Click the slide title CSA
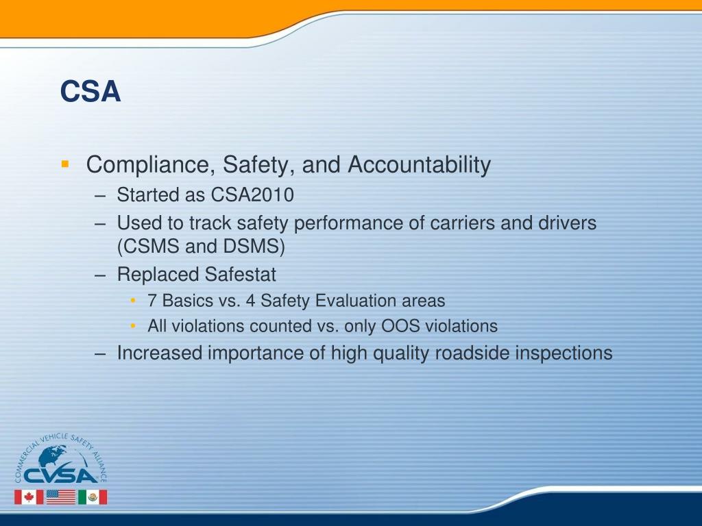[90, 92]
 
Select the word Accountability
[420, 165]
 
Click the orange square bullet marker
[64, 164]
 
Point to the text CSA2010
[252, 195]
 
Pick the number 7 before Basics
[152, 301]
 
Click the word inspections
[564, 353]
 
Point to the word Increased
[160, 353]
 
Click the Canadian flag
[29, 497]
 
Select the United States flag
[60, 497]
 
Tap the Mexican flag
[92, 497]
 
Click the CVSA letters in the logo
[60, 475]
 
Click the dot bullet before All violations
[133, 326]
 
